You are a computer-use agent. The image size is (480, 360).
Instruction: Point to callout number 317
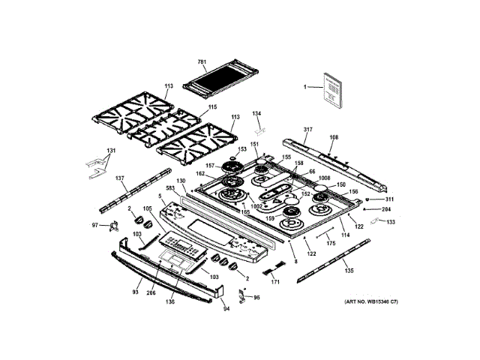pos(307,129)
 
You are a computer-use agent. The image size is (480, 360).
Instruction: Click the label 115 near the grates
pos(212,107)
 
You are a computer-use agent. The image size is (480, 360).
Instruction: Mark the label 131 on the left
pos(111,151)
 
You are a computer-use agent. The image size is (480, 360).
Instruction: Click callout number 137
pos(119,178)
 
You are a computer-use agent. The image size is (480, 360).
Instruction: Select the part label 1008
pos(323,178)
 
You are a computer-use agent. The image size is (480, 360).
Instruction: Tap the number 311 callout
pos(389,199)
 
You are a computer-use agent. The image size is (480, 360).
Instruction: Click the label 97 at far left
pos(95,225)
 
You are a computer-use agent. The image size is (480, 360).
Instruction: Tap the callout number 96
pos(256,298)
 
